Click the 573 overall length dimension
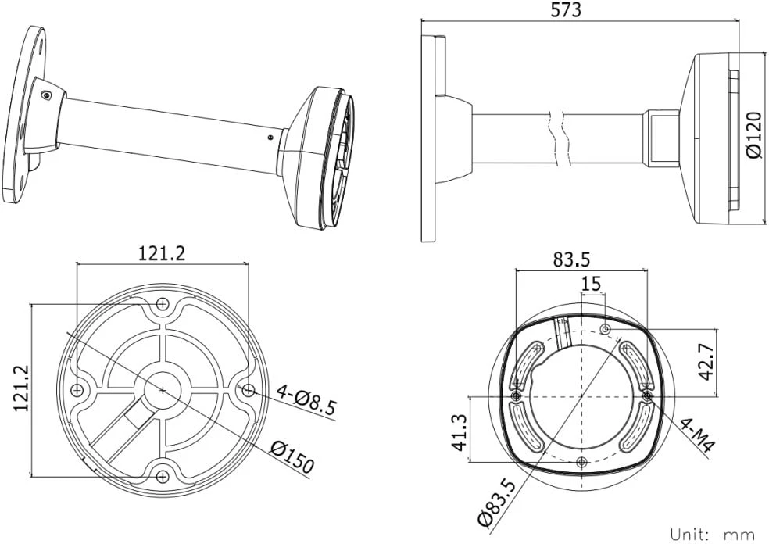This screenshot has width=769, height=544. click(x=566, y=10)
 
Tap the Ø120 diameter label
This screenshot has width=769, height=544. click(x=755, y=135)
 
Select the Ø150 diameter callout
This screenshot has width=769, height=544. click(x=293, y=456)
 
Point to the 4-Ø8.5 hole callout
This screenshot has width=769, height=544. click(x=306, y=399)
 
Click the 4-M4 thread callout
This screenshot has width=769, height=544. click(x=696, y=435)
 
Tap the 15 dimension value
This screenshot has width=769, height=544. click(x=592, y=283)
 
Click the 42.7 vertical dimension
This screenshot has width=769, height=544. click(x=706, y=362)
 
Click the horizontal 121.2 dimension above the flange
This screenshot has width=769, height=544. click(x=162, y=253)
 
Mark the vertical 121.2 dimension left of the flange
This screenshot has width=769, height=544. click(x=20, y=388)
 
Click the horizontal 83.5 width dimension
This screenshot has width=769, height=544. click(x=571, y=259)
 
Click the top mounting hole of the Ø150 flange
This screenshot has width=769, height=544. click(x=163, y=304)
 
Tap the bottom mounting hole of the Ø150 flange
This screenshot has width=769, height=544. click(x=163, y=476)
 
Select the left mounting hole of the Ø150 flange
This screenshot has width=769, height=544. click(x=77, y=390)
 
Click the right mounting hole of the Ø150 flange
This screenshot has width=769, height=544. click(x=249, y=390)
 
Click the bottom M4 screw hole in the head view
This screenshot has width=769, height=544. click(x=581, y=462)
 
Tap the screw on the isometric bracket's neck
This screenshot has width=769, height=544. click(x=46, y=95)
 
